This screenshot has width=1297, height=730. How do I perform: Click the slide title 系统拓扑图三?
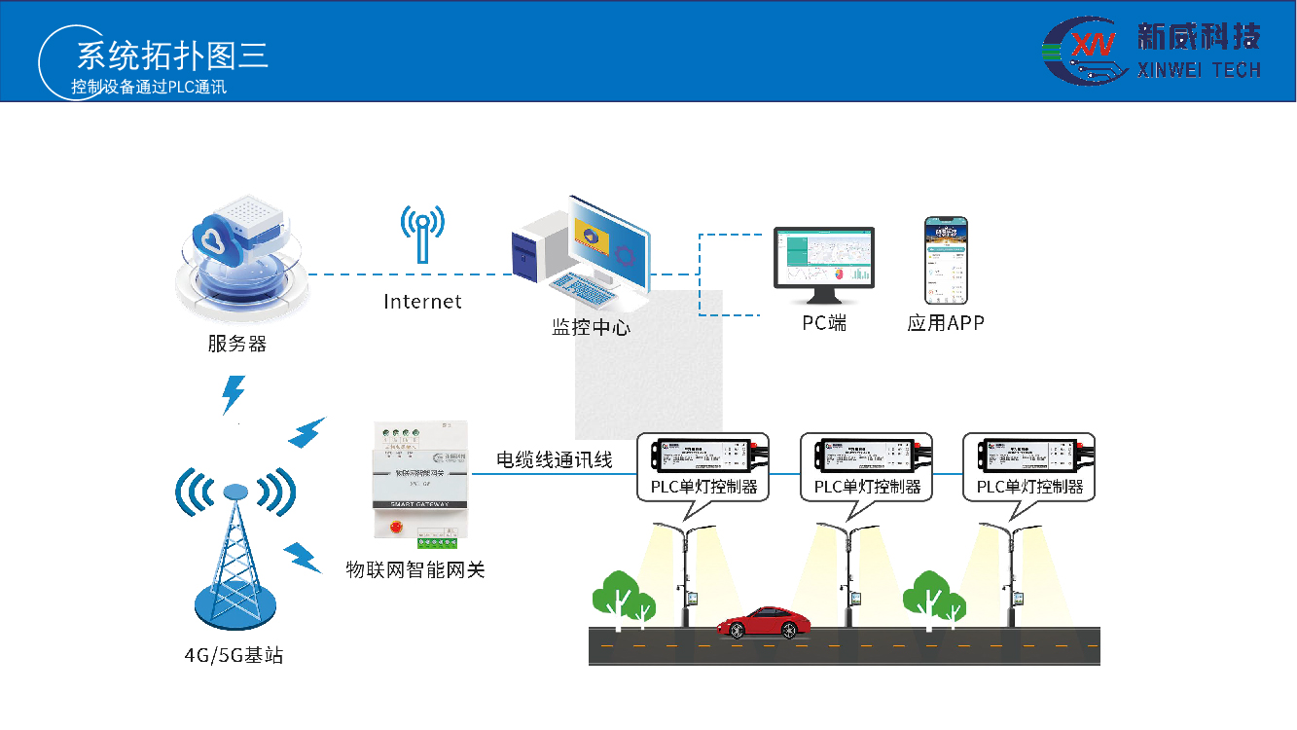coord(172,55)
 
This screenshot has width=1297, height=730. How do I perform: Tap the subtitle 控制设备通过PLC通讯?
coord(149,87)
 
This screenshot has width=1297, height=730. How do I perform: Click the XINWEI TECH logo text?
coord(1199,69)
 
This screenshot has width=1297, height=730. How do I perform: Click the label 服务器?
coord(236,344)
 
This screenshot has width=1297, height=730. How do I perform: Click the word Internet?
coord(422,302)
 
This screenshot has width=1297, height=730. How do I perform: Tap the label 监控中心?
coord(591,327)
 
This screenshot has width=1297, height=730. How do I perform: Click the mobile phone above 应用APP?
coord(946,260)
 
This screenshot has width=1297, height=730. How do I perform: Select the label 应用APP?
coord(946,323)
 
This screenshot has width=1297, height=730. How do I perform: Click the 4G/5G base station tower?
coord(234,545)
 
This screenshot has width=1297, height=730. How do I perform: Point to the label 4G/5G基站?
coord(234,655)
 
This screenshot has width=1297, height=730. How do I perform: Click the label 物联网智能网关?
coord(415,569)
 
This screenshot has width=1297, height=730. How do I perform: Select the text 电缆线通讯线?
coord(555,459)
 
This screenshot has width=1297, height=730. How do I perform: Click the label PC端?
coord(824,323)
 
